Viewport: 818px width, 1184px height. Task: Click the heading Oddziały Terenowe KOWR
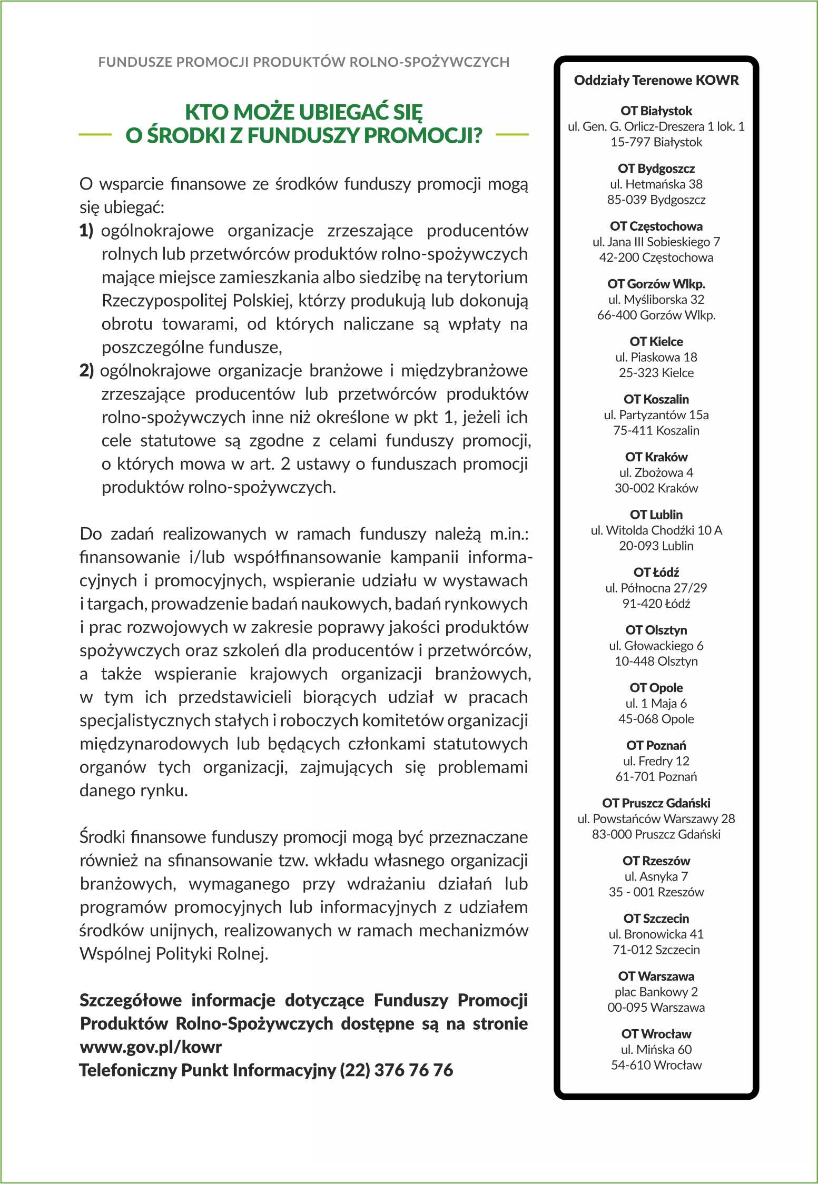point(656,81)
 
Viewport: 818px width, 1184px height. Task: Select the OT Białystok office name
point(656,111)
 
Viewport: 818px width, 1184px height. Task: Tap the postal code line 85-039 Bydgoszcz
point(656,200)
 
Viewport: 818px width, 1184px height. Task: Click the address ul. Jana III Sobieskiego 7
point(656,242)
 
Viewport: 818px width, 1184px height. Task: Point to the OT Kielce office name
point(656,342)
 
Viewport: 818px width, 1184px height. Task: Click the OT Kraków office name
point(656,457)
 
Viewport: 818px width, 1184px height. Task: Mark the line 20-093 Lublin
point(656,546)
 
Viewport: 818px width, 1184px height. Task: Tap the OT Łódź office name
point(656,573)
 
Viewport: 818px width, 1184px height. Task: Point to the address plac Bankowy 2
point(656,992)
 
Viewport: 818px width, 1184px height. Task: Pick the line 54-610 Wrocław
point(656,1065)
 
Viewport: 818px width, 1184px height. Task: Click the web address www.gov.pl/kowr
point(151,1047)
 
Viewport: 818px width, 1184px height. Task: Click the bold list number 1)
point(86,231)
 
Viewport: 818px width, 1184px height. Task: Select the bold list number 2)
point(86,371)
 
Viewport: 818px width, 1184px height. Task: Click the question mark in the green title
point(476,135)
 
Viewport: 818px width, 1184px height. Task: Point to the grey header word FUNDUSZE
point(135,62)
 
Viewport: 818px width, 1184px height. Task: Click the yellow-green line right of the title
point(512,135)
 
